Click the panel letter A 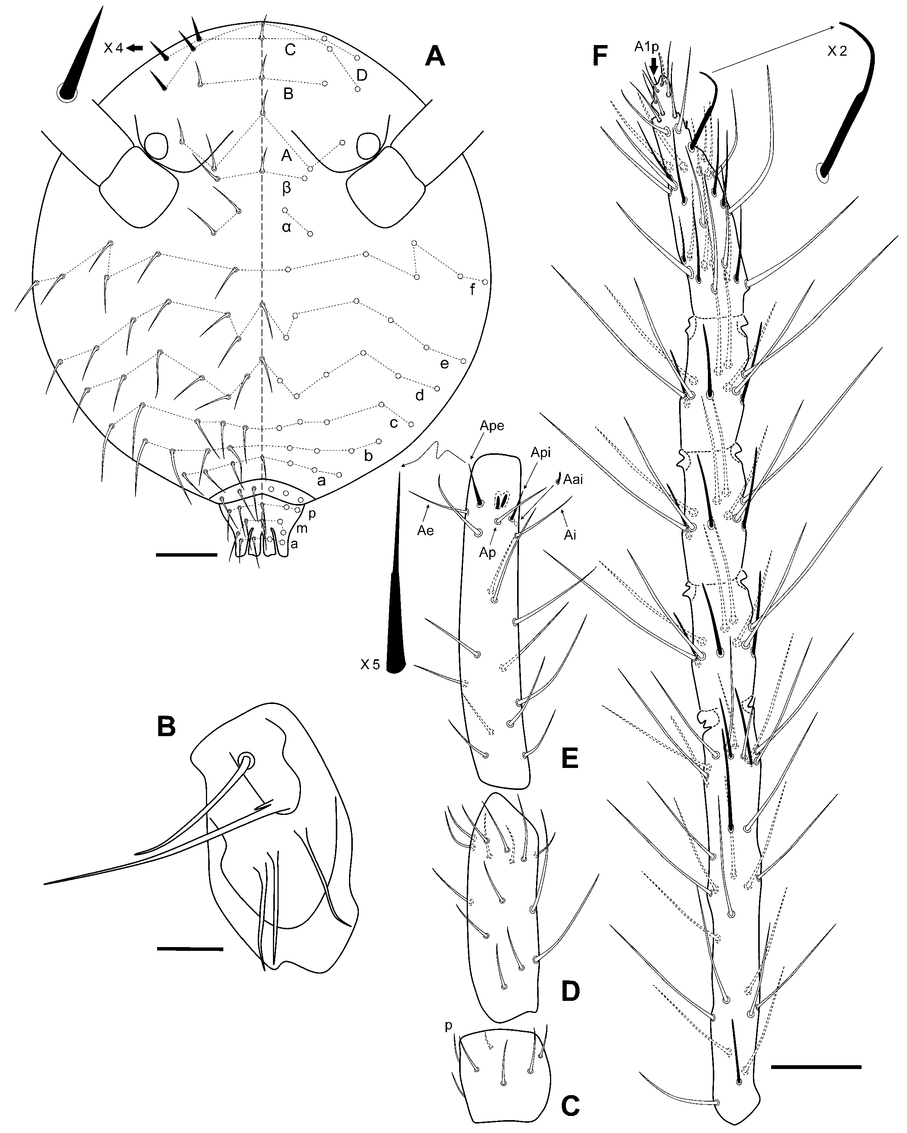tap(435, 56)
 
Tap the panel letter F tap(599, 56)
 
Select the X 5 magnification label tap(370, 665)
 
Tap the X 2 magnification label tap(837, 51)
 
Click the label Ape tap(492, 426)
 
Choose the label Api tap(541, 453)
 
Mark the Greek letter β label tap(287, 187)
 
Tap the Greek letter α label tap(286, 228)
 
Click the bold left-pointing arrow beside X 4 tap(135, 48)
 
